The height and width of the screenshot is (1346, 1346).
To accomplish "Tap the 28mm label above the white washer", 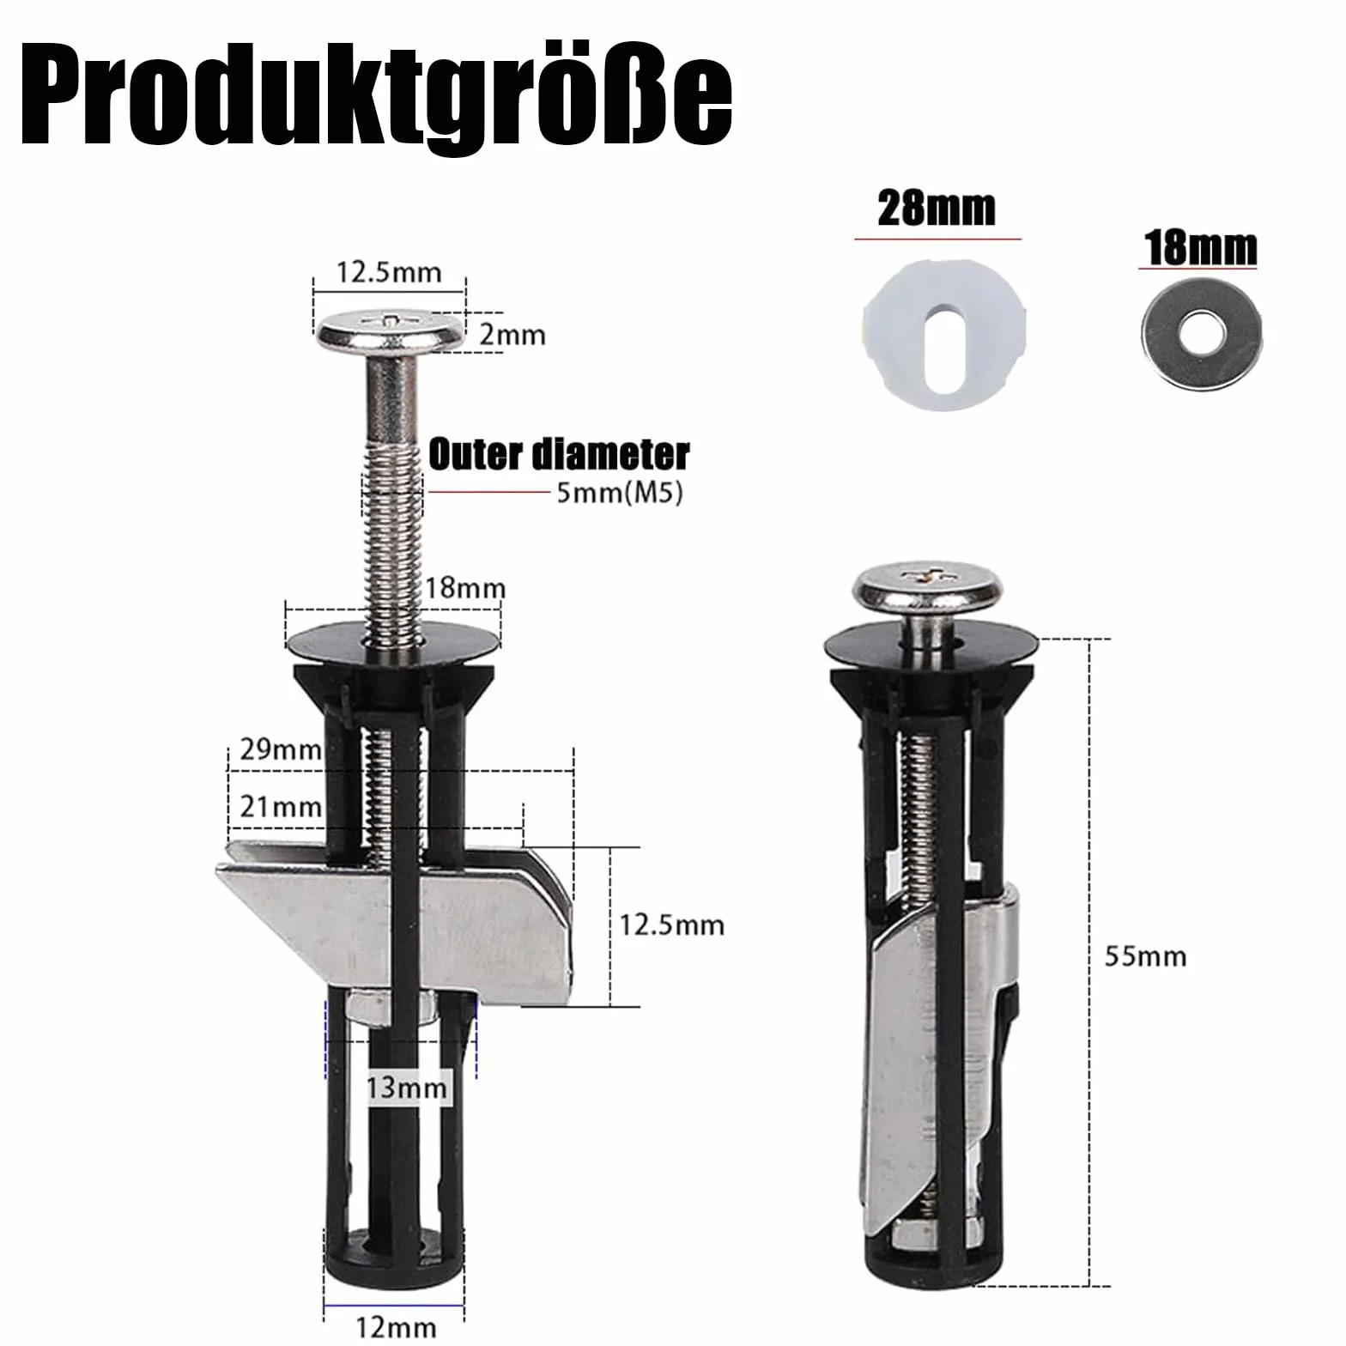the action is coord(937,209).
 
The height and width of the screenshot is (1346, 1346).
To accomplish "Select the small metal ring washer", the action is coord(1200,328).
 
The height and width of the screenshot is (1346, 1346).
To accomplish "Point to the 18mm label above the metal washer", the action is coord(1200,248).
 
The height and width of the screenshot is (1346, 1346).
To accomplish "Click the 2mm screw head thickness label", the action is coord(512,334).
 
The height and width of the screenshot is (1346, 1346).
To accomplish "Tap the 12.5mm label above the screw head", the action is coord(389,271).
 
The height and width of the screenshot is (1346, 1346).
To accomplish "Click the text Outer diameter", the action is coord(558,453).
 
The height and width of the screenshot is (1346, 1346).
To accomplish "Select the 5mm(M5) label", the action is coord(619,494).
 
